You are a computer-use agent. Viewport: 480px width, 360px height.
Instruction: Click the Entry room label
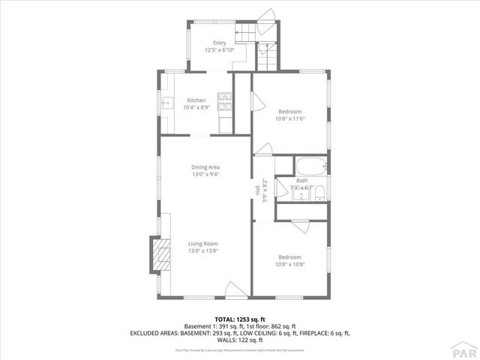coord(219,43)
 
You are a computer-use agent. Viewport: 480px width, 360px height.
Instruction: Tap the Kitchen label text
coord(196,100)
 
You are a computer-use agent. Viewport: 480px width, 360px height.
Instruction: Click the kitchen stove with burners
coord(224,97)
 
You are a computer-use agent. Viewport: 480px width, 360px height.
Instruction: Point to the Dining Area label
coord(205,166)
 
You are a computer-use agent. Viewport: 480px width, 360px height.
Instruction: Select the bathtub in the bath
coord(309,166)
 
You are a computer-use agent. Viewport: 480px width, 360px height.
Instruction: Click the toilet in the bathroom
coord(319,193)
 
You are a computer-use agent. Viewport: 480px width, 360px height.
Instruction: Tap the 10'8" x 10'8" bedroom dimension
coord(289,264)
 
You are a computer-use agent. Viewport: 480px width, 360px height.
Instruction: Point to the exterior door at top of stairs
coord(272,16)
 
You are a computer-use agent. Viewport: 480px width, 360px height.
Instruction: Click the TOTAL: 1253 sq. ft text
coord(240,319)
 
